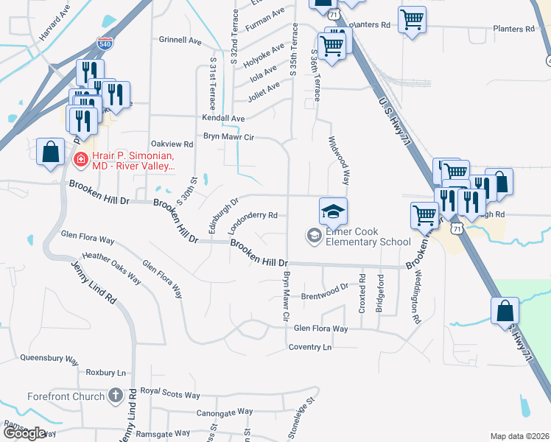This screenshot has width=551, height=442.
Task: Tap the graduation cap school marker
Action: tap(333, 211)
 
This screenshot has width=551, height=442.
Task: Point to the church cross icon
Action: tap(115, 396)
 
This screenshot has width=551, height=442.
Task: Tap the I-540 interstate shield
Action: tap(105, 45)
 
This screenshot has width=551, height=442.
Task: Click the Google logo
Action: tap(24, 433)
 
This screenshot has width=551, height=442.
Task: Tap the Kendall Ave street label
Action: tap(224, 118)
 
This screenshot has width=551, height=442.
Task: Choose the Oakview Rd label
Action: tap(171, 144)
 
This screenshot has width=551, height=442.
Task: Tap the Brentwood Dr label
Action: tap(324, 292)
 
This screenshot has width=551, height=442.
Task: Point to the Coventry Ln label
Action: tap(310, 346)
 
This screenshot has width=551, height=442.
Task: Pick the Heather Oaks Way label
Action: tap(111, 267)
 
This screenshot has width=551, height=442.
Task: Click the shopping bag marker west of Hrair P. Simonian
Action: tap(50, 153)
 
